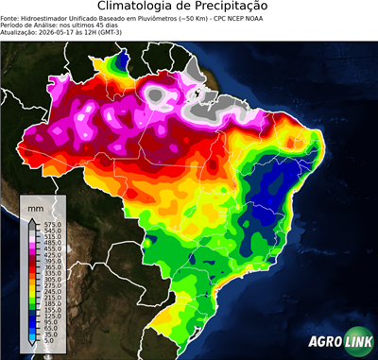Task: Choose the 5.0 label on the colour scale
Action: pyautogui.click(x=47, y=341)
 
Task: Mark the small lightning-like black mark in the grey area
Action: pyautogui.click(x=197, y=95)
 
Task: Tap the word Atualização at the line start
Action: pyautogui.click(x=19, y=33)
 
